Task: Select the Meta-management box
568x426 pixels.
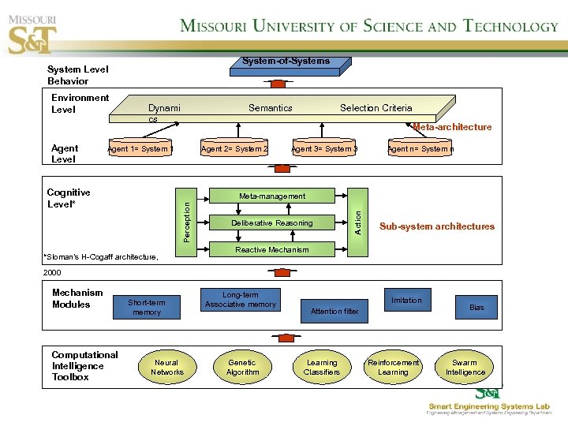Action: click(x=272, y=196)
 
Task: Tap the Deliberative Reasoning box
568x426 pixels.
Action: click(x=272, y=223)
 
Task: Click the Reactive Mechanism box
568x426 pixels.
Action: click(x=272, y=250)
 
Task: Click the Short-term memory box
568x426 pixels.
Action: click(x=147, y=307)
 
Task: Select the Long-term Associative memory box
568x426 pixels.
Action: click(x=240, y=300)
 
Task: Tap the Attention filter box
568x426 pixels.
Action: click(x=334, y=311)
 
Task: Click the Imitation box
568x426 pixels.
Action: click(x=406, y=301)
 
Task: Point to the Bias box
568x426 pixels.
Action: click(x=476, y=307)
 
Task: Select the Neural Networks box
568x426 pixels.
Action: click(x=166, y=368)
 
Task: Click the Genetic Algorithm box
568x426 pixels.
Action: click(x=242, y=368)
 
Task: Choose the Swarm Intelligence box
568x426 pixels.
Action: click(x=465, y=368)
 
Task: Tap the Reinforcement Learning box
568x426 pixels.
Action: click(x=393, y=368)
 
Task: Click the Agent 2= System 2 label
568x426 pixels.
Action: click(x=234, y=149)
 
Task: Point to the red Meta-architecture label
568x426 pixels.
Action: click(x=452, y=127)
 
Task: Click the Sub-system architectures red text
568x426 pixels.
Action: click(x=437, y=226)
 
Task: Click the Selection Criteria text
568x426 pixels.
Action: click(x=376, y=108)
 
